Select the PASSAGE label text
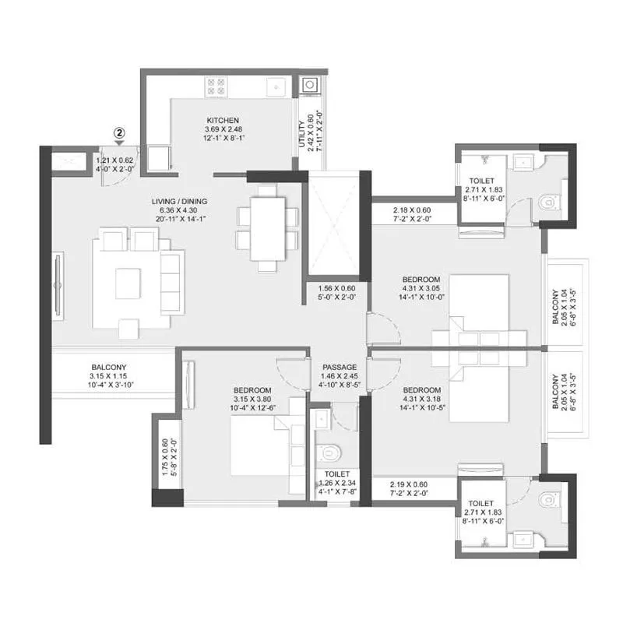[x=340, y=367]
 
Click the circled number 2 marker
[x=118, y=133]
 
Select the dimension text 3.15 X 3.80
[x=252, y=400]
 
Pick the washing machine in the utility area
[x=310, y=84]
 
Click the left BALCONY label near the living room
[x=109, y=367]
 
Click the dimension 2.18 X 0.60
[x=410, y=210]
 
